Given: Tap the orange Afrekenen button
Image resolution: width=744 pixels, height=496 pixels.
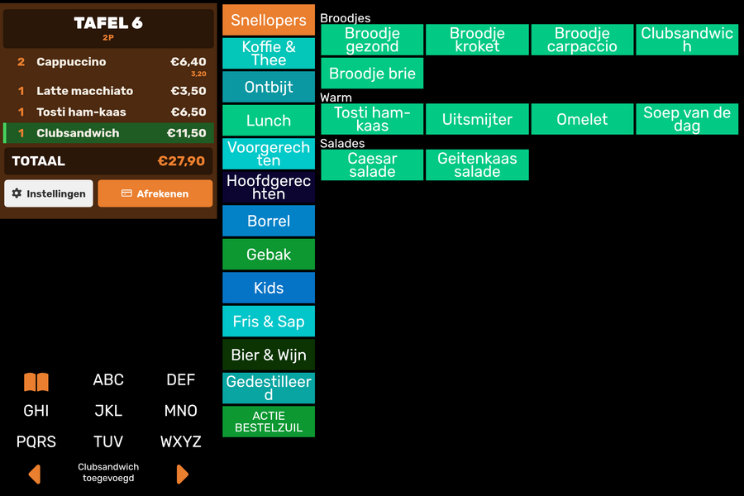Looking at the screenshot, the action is tap(155, 193).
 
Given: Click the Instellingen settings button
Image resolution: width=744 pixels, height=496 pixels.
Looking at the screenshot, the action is tap(49, 193).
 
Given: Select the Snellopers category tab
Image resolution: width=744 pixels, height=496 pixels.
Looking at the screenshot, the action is tap(269, 20).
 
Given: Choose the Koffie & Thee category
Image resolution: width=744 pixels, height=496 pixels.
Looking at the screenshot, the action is tap(269, 53).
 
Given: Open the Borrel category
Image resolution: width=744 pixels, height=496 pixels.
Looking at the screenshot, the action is tap(269, 221).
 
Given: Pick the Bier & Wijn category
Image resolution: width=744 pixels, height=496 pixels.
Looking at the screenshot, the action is tap(269, 355).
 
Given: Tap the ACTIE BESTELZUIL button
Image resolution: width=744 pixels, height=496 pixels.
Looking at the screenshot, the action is tap(269, 422).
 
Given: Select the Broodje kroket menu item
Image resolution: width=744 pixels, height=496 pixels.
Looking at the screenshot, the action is tap(477, 40).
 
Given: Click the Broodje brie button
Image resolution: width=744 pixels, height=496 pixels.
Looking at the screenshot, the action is tap(372, 73).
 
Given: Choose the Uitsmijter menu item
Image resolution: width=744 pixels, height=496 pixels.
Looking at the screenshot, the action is tap(477, 119).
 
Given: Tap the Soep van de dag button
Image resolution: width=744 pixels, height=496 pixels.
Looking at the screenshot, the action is tap(687, 119).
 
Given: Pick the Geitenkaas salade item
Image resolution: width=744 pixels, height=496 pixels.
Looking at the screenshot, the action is tap(477, 165).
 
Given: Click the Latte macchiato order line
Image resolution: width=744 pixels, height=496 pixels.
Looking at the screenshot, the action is tap(108, 91).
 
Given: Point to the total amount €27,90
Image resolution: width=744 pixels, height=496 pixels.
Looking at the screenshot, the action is tap(181, 161).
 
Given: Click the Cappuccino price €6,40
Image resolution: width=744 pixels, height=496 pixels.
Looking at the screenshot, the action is tap(188, 62).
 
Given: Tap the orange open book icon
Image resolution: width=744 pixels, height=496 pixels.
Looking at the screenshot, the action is tap(36, 382).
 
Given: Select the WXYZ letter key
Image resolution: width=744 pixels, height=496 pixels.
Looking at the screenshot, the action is tap(181, 441).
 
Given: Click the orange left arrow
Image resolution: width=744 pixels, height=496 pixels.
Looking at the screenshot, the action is tap(35, 475).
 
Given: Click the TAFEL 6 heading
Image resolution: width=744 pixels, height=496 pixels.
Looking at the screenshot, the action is tap(108, 23).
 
